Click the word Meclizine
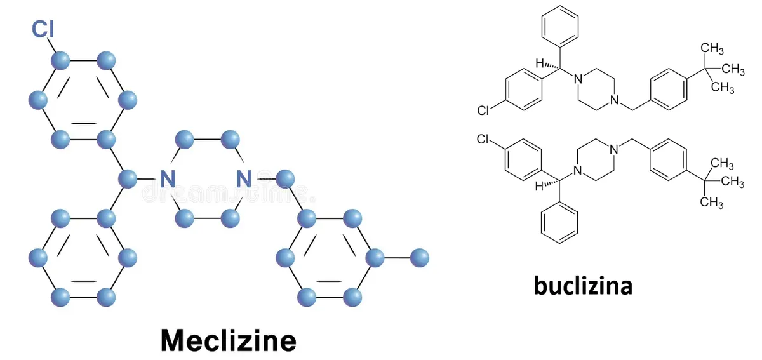pyautogui.click(x=228, y=340)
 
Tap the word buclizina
pyautogui.click(x=583, y=285)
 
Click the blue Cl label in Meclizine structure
pyautogui.click(x=43, y=29)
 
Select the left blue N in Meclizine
pyautogui.click(x=168, y=178)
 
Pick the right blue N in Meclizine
pyautogui.click(x=244, y=178)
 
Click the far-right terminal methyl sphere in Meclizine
pyautogui.click(x=420, y=258)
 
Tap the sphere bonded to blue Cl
pyautogui.click(x=60, y=61)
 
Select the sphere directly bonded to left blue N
pyautogui.click(x=128, y=178)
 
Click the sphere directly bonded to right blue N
pyautogui.click(x=285, y=178)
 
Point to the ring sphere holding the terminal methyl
pyautogui.click(x=375, y=258)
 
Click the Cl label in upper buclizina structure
pyautogui.click(x=483, y=110)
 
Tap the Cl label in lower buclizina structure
pyautogui.click(x=483, y=139)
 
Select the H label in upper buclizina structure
pyautogui.click(x=540, y=63)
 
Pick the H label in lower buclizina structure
pyautogui.click(x=539, y=186)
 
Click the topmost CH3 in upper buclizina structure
pyautogui.click(x=712, y=49)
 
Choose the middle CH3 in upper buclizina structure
pyautogui.click(x=732, y=69)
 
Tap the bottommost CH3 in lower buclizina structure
pyautogui.click(x=712, y=202)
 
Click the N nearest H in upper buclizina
pyautogui.click(x=578, y=79)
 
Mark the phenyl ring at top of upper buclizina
pyautogui.click(x=560, y=26)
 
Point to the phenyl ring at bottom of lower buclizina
pyautogui.click(x=559, y=223)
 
